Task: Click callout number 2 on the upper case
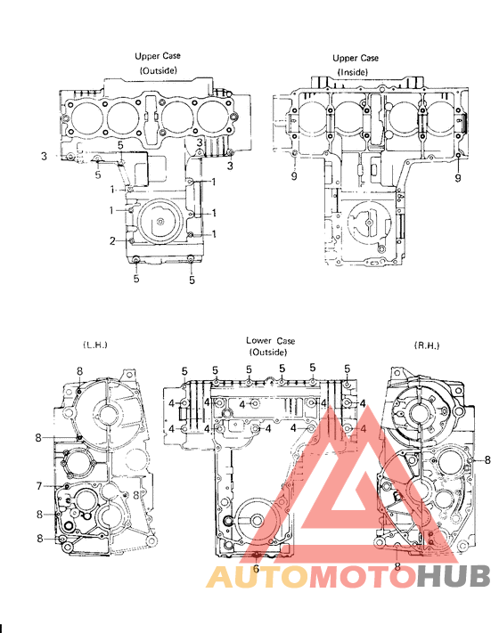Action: tap(112, 241)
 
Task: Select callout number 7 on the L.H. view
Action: tap(39, 485)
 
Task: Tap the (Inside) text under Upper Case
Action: tap(356, 71)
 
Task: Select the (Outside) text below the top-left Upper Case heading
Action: tap(157, 69)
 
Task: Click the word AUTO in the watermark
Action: tap(258, 578)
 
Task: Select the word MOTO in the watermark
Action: tap(362, 578)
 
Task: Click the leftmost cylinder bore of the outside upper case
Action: tap(85, 117)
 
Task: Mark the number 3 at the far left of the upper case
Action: tap(44, 157)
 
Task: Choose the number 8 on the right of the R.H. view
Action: tap(488, 459)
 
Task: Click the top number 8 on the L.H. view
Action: tap(78, 370)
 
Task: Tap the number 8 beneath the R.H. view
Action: tap(397, 565)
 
